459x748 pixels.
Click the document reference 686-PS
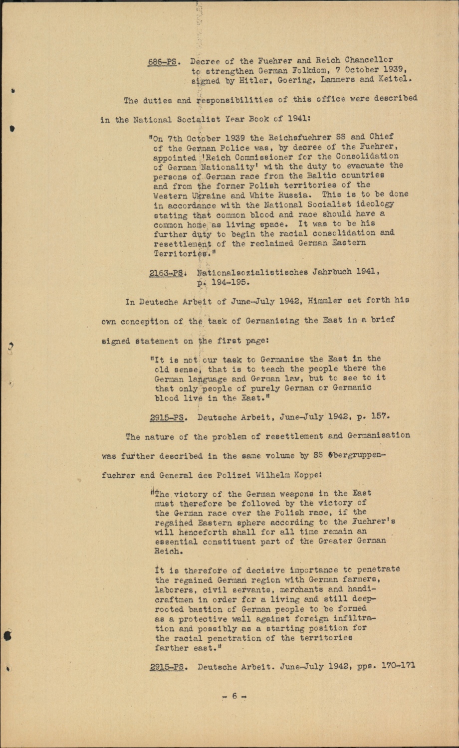coord(163,62)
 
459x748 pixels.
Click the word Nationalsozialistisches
coord(252,272)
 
